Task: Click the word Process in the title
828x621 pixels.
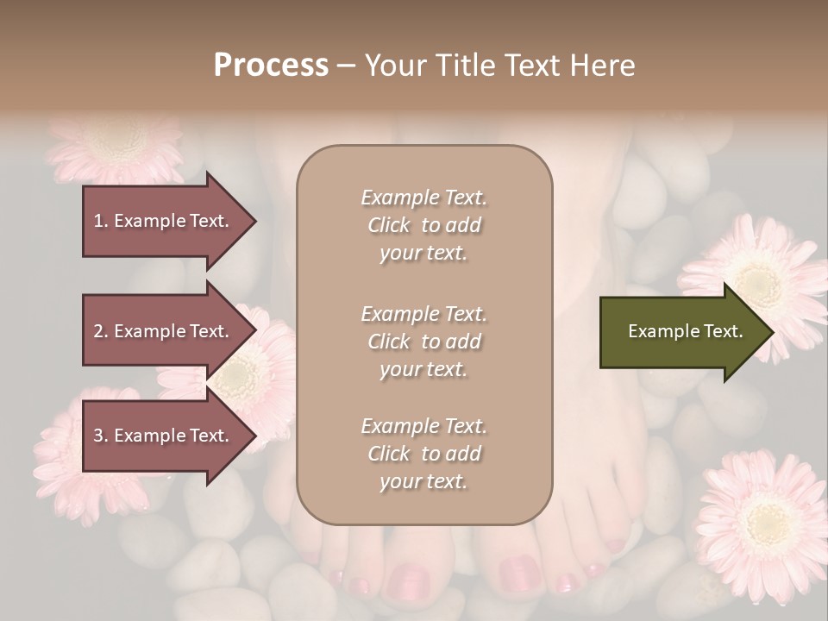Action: pyautogui.click(x=271, y=66)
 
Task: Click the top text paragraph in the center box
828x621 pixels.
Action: pyautogui.click(x=423, y=225)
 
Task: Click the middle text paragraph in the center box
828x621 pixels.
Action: pyautogui.click(x=423, y=342)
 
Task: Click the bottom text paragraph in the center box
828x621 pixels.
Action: pyautogui.click(x=423, y=454)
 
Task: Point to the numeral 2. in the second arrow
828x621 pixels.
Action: pyautogui.click(x=100, y=331)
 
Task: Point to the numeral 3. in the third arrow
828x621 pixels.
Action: pyautogui.click(x=100, y=436)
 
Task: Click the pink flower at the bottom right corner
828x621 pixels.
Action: pyautogui.click(x=759, y=526)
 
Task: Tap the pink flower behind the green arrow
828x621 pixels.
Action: pyautogui.click(x=759, y=276)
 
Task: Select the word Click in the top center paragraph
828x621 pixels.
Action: pyautogui.click(x=389, y=225)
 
